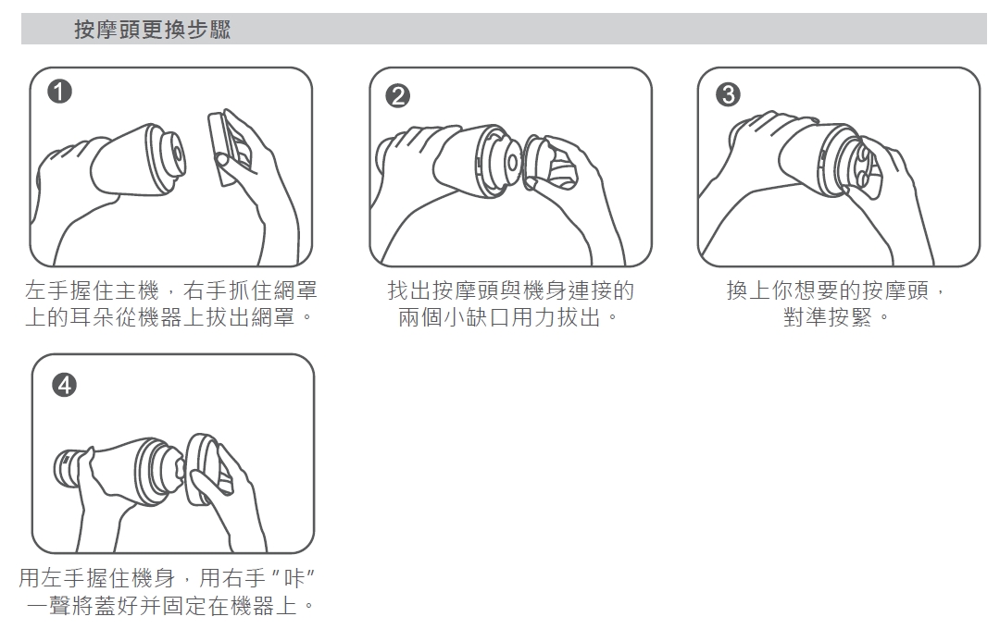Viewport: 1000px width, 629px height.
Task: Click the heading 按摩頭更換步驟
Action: coord(153,30)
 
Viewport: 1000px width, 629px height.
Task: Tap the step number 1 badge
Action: coord(59,92)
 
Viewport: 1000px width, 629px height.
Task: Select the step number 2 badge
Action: coord(398,96)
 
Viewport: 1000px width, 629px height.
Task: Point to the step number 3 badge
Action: coord(729,95)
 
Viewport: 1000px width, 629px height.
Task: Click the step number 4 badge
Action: coord(64,385)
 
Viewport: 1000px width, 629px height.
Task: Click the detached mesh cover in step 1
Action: coord(229,148)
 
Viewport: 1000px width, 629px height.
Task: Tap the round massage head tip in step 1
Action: coord(172,156)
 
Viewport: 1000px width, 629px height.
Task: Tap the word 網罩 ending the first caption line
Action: coord(295,290)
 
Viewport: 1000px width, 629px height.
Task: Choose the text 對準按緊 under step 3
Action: coord(828,316)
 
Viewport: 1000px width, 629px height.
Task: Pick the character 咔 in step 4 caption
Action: coord(294,578)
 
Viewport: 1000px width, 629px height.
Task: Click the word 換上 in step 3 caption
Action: coord(749,290)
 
